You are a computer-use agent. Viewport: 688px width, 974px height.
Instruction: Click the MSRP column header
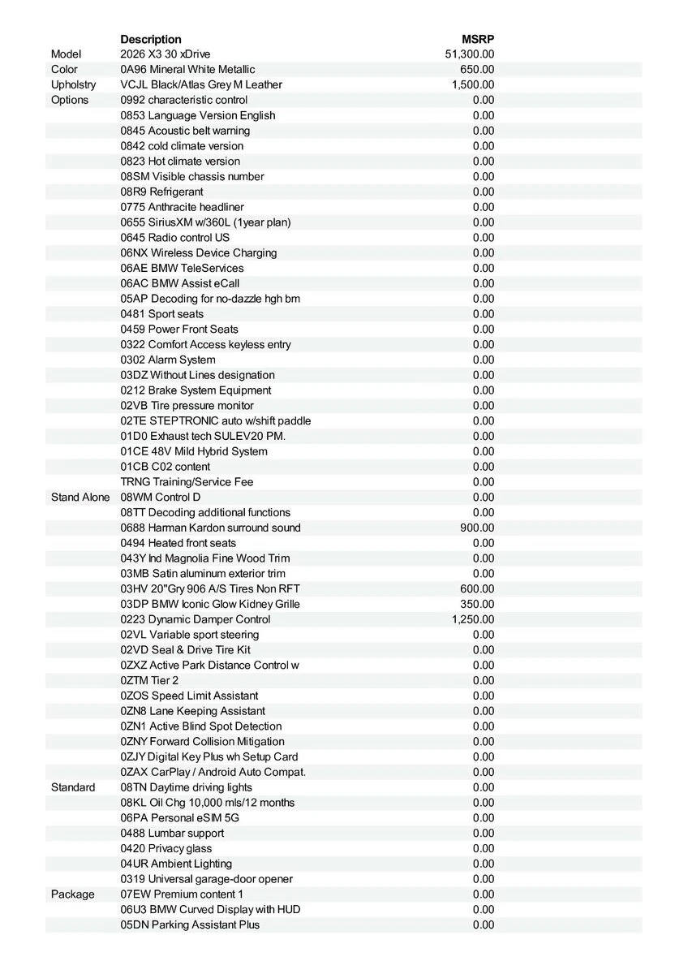coord(478,39)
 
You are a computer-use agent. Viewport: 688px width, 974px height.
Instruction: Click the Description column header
coord(151,39)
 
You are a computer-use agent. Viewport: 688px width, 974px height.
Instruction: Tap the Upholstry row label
coord(73,84)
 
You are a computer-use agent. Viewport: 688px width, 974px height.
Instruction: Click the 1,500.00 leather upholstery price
coord(473,84)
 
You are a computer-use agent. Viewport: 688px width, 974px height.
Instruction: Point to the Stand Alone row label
coord(80,497)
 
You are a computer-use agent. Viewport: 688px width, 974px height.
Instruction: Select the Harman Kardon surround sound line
coord(210,528)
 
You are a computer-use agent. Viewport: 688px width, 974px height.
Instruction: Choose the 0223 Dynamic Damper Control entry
coord(196,619)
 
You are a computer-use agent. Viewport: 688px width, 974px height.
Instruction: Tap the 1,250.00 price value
coord(473,619)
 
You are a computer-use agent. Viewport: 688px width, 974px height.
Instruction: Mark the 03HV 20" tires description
coord(210,588)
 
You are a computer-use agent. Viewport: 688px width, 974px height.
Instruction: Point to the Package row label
coord(73,894)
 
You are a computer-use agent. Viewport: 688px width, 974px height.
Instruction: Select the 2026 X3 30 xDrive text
coord(165,54)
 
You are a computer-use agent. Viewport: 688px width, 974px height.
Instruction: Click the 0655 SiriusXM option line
coord(205,222)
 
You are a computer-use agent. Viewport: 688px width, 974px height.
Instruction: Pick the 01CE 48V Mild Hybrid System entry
coord(194,451)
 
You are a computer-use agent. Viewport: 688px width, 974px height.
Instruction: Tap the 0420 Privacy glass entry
coord(166,848)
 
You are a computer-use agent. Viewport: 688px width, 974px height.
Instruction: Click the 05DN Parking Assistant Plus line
coord(190,924)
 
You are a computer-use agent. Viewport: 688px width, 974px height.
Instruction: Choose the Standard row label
coord(73,787)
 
